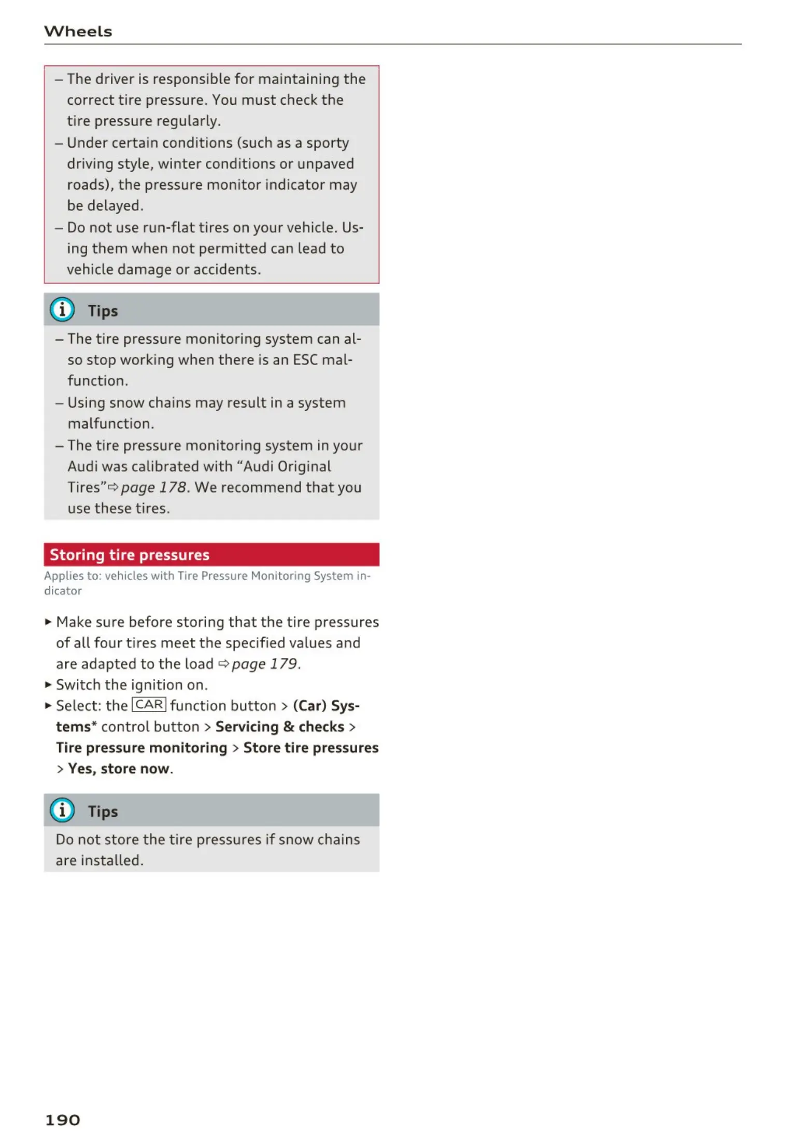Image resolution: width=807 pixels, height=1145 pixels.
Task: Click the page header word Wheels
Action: pyautogui.click(x=78, y=32)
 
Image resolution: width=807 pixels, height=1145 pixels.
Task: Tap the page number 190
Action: pyautogui.click(x=62, y=1120)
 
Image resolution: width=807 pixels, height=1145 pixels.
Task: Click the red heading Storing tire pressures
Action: pyautogui.click(x=130, y=555)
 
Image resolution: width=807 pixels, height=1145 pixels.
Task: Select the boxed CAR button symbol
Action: pyautogui.click(x=149, y=705)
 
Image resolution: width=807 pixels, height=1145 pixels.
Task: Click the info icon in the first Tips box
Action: pyautogui.click(x=62, y=310)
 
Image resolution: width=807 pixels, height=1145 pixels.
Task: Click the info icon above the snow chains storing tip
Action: pyautogui.click(x=62, y=810)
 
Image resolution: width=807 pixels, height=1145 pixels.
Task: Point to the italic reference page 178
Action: pyautogui.click(x=153, y=487)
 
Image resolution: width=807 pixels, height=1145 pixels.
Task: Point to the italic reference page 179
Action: pyautogui.click(x=264, y=664)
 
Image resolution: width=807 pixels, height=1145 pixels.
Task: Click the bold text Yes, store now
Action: pyautogui.click(x=119, y=769)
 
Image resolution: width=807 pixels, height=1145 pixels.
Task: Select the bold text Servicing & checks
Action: pyautogui.click(x=280, y=727)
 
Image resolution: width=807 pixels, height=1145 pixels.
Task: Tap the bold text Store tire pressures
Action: pyautogui.click(x=311, y=748)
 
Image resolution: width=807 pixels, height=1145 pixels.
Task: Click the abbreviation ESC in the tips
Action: pyautogui.click(x=305, y=360)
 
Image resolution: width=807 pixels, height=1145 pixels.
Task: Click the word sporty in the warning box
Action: pyautogui.click(x=327, y=143)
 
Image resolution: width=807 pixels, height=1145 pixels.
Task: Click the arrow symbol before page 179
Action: pyautogui.click(x=223, y=664)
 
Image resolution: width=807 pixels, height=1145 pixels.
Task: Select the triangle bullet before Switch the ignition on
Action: pyautogui.click(x=48, y=685)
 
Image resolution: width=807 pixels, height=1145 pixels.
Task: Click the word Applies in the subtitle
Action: pyautogui.click(x=60, y=576)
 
